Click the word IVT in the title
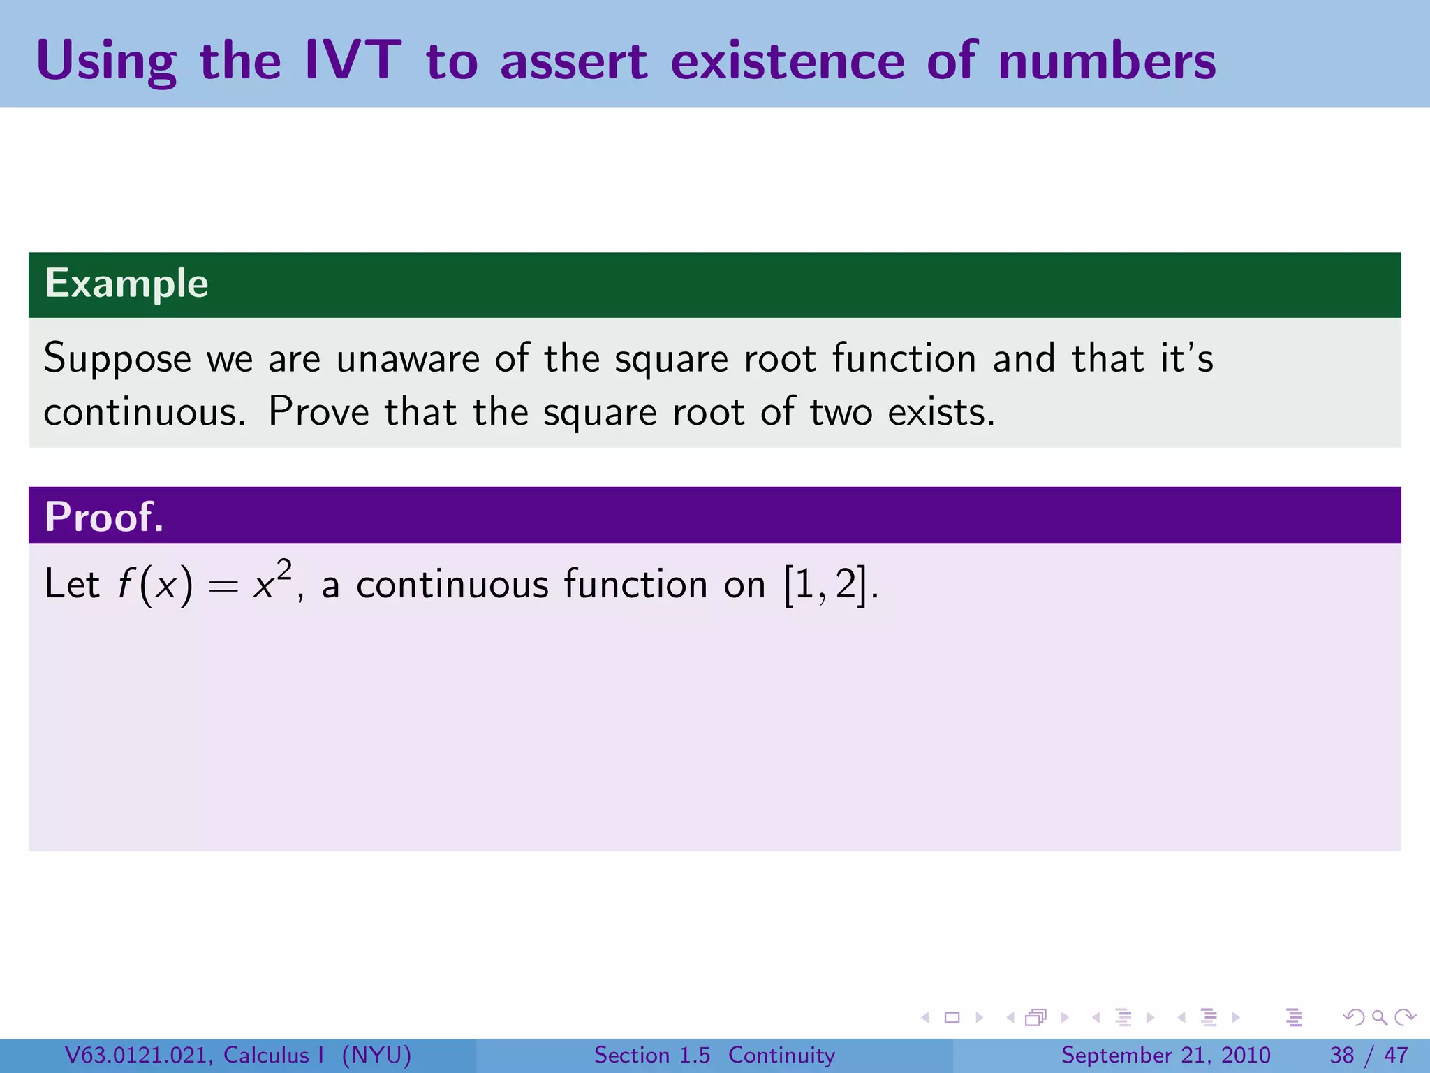(353, 61)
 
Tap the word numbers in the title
(1107, 61)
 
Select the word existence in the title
(787, 61)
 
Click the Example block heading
(126, 284)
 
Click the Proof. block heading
(104, 517)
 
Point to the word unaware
(408, 359)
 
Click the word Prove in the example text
(318, 411)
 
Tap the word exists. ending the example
(941, 411)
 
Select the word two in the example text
(841, 411)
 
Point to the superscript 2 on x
(283, 570)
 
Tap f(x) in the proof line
(154, 585)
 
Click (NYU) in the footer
(376, 1055)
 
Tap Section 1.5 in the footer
(651, 1055)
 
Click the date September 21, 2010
(1165, 1055)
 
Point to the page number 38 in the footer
(1342, 1055)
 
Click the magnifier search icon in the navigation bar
(1379, 1017)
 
